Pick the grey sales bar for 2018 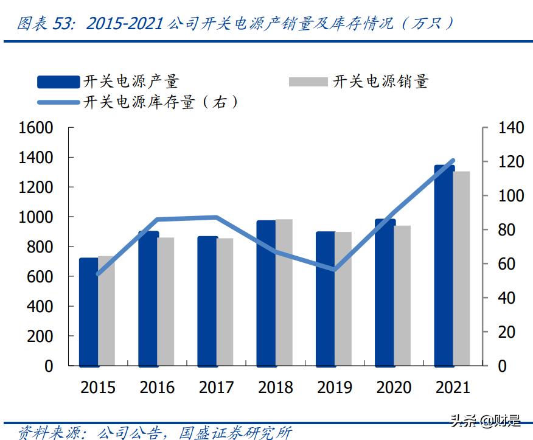click(x=284, y=292)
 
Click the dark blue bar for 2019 click(x=326, y=298)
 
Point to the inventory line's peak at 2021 click(x=452, y=161)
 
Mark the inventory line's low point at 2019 click(x=334, y=269)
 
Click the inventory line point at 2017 click(x=217, y=217)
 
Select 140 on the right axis click(x=510, y=128)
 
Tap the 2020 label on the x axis click(x=394, y=388)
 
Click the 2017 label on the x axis click(x=217, y=388)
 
